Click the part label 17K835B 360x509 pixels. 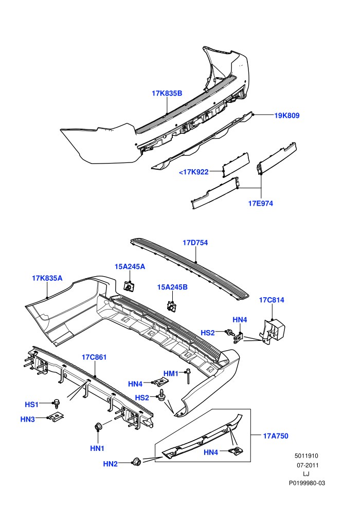pos(167,94)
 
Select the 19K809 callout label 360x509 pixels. pos(287,116)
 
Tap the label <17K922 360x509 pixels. pos(193,172)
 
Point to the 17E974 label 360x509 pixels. pos(261,204)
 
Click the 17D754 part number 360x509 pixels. pos(195,243)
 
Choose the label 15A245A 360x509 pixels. pos(130,267)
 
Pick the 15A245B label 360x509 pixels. pos(172,287)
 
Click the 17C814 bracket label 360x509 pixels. pos(272,300)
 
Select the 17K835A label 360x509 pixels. pos(47,278)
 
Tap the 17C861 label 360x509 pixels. pos(94,357)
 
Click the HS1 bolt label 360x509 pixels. pos(32,405)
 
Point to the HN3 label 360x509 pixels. pos(28,420)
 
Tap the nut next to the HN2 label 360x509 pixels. pos(135,461)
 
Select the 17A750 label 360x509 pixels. pos(276,436)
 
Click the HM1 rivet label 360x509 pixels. pos(171,374)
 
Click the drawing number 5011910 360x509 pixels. pos(307,456)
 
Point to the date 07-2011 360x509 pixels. pos(308,465)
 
